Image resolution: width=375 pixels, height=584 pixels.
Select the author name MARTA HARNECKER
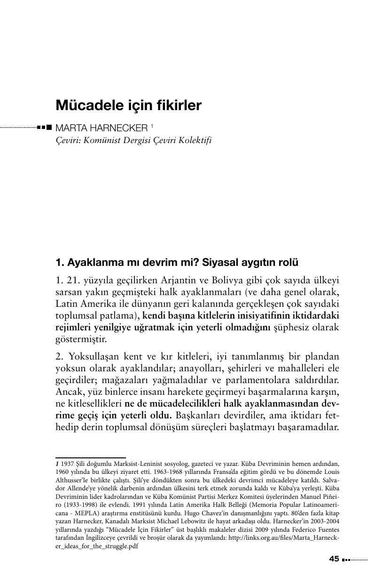(102, 128)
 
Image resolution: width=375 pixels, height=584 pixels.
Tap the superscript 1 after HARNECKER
(152, 126)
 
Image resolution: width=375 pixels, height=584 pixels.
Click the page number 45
(334, 559)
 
